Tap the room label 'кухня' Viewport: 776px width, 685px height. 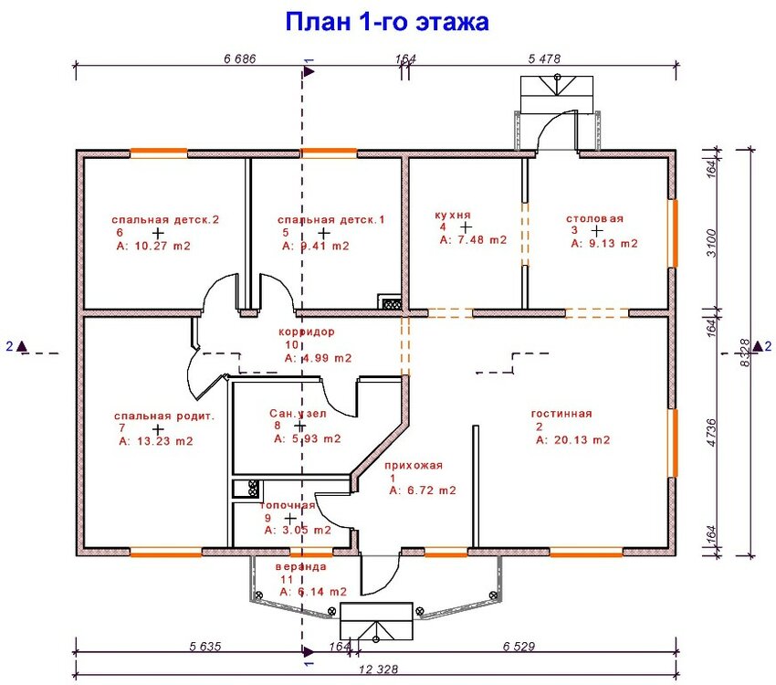point(453,215)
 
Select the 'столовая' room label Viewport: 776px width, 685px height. point(594,219)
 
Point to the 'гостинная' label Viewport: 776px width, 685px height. point(561,414)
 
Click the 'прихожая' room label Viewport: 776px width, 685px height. point(414,465)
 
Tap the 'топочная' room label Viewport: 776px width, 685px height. point(288,505)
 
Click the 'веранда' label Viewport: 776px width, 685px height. point(300,566)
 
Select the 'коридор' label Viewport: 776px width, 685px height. point(309,332)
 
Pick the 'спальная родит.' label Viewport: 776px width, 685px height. point(164,416)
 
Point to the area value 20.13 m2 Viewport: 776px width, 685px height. point(572,439)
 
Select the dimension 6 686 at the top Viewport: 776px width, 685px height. point(239,58)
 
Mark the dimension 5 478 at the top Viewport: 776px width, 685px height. point(544,58)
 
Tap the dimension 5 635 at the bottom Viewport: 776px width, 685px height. point(205,646)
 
